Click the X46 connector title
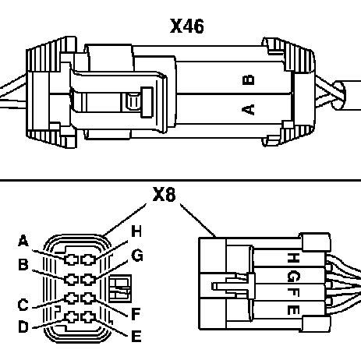tap(187, 26)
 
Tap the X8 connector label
tap(164, 194)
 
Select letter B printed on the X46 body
tap(248, 80)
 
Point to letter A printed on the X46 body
tap(248, 109)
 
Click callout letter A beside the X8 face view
tap(23, 241)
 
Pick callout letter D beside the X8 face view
tap(23, 326)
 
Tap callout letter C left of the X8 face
tap(23, 305)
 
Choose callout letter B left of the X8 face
tap(23, 265)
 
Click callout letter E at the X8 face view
tap(136, 336)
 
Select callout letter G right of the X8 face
tap(137, 256)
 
